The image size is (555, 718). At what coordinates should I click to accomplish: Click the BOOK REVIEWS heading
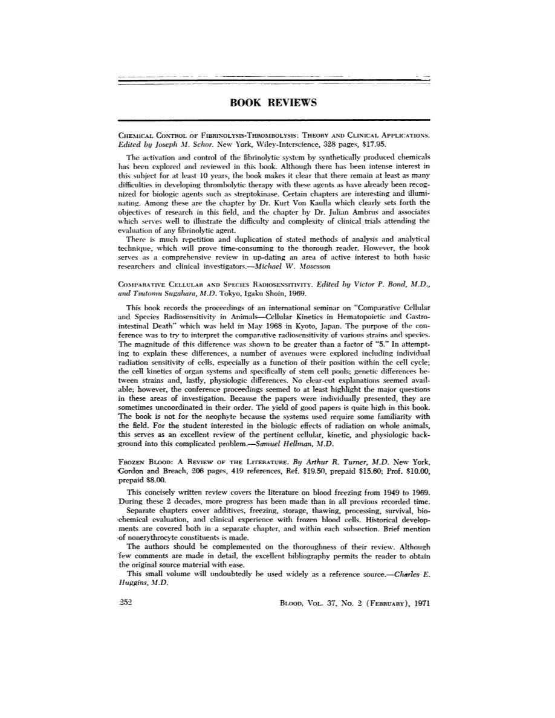coord(273,103)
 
